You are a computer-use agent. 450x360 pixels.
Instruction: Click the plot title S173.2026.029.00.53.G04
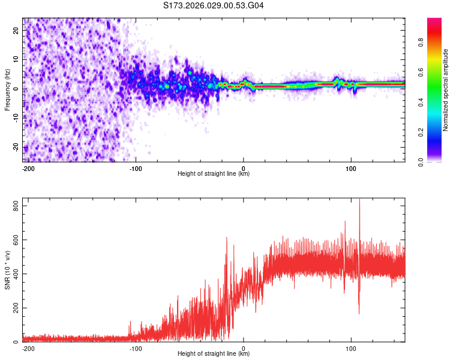214,6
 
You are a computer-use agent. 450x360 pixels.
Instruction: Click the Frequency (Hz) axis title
7,89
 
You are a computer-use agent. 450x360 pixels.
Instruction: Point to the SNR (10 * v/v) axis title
7,270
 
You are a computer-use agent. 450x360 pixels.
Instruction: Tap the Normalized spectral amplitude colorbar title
445,90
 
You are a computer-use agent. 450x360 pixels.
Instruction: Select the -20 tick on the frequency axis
15,147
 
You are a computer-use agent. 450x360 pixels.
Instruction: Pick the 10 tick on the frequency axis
16,60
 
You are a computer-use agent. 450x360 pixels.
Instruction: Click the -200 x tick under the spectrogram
28,167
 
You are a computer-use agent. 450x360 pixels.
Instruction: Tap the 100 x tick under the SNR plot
350,348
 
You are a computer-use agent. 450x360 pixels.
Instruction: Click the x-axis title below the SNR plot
214,354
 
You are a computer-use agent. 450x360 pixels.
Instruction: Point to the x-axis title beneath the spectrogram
214,174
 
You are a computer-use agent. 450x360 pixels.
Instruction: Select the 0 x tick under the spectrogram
244,167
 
